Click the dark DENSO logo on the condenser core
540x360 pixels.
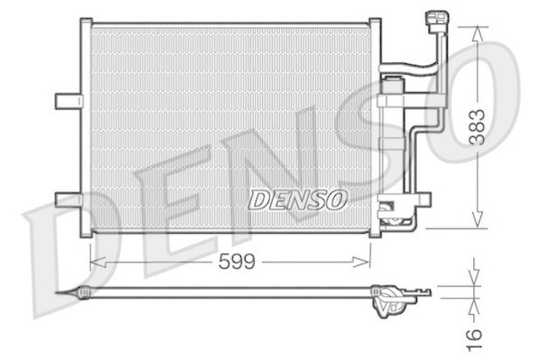pos(298,199)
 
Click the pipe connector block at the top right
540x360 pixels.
pos(433,20)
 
